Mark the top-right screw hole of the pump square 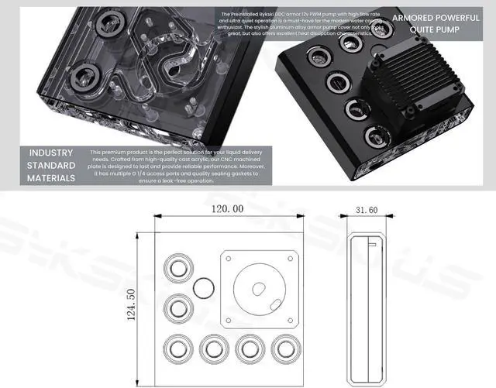[x=291, y=257]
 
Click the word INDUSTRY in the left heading [x=52, y=153]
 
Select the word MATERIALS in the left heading [x=52, y=178]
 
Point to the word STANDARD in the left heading [x=52, y=166]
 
